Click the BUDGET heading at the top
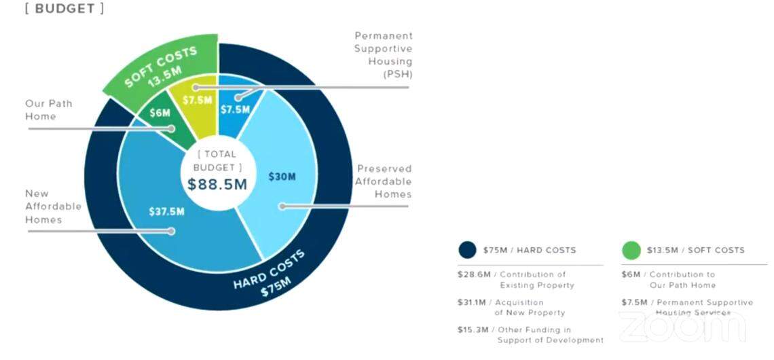pos(64,10)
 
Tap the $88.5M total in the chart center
pos(217,183)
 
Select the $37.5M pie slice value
pos(167,211)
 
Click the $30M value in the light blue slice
pos(282,177)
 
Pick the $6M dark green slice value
pos(160,113)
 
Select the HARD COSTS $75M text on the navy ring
pos(270,274)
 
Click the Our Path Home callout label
pos(49,109)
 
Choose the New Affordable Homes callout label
pos(53,206)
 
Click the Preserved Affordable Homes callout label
pos(384,181)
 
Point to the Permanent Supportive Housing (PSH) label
pos(383,54)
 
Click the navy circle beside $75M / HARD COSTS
pos(468,250)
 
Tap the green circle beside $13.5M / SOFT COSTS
pos(631,250)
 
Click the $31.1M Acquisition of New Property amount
pos(472,302)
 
